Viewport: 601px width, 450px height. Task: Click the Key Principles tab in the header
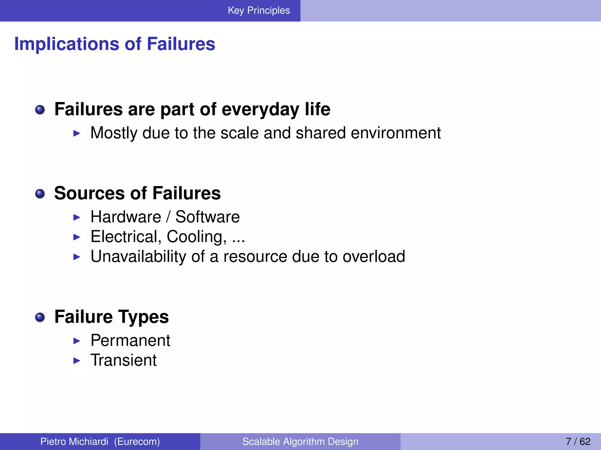(x=259, y=11)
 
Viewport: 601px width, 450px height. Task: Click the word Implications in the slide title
(x=67, y=44)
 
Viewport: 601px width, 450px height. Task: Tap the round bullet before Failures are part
(x=40, y=110)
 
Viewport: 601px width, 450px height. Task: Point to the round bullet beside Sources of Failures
(x=40, y=194)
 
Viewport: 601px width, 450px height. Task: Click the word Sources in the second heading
(x=90, y=193)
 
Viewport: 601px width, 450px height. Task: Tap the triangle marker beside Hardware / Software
(x=77, y=217)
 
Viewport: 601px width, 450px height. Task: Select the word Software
(x=207, y=217)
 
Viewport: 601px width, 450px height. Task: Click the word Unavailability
(x=138, y=256)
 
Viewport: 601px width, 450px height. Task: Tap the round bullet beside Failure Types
(x=40, y=317)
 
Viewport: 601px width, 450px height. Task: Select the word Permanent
(x=130, y=340)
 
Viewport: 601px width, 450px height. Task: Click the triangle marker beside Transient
(x=77, y=361)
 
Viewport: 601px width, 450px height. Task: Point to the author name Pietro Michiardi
(x=74, y=442)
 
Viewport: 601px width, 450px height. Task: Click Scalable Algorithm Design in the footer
(x=300, y=442)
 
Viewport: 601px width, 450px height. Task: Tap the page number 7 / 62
(x=578, y=442)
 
